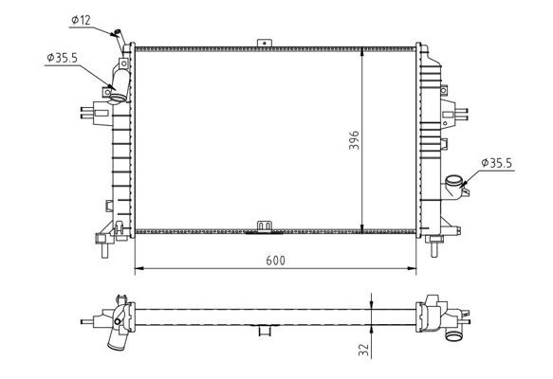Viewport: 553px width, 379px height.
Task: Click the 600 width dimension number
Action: (275, 260)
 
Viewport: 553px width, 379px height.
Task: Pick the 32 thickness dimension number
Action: (362, 350)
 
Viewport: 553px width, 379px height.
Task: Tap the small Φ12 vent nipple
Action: (119, 37)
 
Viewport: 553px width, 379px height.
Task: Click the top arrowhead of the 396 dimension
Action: (364, 48)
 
